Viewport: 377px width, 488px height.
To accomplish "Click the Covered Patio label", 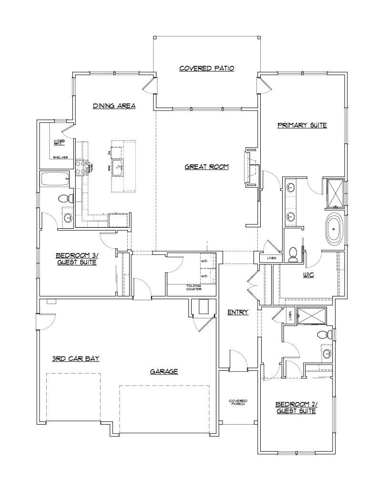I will [x=206, y=68].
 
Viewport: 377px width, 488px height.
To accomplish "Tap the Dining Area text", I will [x=114, y=106].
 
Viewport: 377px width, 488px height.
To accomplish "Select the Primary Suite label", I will [x=302, y=125].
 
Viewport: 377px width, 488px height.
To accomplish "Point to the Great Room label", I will [x=207, y=167].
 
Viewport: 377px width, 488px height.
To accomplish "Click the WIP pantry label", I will [x=59, y=142].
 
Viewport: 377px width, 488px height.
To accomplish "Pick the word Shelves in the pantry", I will [x=60, y=157].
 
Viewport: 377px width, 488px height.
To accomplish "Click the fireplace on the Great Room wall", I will [x=250, y=165].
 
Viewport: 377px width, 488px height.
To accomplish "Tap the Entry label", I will [x=237, y=312].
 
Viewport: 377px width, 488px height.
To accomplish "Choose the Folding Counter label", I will [x=194, y=287].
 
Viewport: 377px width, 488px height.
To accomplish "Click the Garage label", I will [x=164, y=371].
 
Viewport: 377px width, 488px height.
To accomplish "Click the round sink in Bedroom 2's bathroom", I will [x=327, y=354].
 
